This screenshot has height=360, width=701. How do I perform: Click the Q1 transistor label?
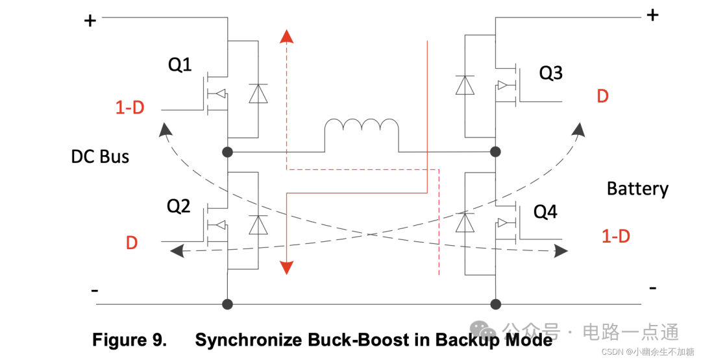(x=180, y=65)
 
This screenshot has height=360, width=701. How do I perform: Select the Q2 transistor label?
(x=178, y=206)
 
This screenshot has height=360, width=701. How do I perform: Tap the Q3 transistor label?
(x=550, y=73)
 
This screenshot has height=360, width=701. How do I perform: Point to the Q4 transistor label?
(x=545, y=211)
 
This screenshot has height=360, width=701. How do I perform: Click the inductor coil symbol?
(x=362, y=128)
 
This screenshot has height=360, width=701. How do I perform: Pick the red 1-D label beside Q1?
(x=130, y=108)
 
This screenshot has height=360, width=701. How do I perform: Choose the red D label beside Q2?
(x=132, y=243)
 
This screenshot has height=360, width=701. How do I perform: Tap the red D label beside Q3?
(x=602, y=97)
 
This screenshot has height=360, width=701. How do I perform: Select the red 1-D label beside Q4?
(x=615, y=236)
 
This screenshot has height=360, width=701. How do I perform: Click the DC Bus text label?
(x=100, y=156)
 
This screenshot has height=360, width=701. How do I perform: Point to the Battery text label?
(x=637, y=189)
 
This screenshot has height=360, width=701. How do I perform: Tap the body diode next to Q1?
(x=258, y=95)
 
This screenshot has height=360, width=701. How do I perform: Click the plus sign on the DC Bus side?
(x=90, y=21)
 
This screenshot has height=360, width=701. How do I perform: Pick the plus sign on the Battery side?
(x=652, y=14)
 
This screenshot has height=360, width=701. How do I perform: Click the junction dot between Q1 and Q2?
(x=227, y=152)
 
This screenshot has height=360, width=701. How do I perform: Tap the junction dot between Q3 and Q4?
(x=495, y=152)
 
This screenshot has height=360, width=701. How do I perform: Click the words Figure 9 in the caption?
(x=129, y=340)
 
